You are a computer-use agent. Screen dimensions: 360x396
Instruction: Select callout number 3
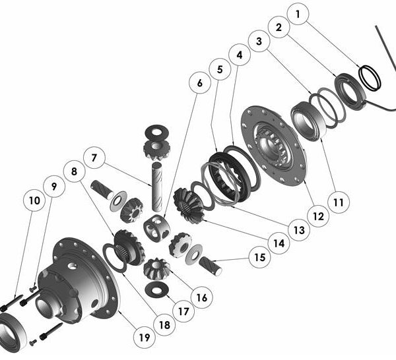[259, 42]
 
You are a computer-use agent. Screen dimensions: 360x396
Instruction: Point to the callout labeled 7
[95, 159]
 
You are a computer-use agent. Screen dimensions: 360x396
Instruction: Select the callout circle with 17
[182, 309]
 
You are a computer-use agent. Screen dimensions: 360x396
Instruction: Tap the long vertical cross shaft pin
[158, 185]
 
